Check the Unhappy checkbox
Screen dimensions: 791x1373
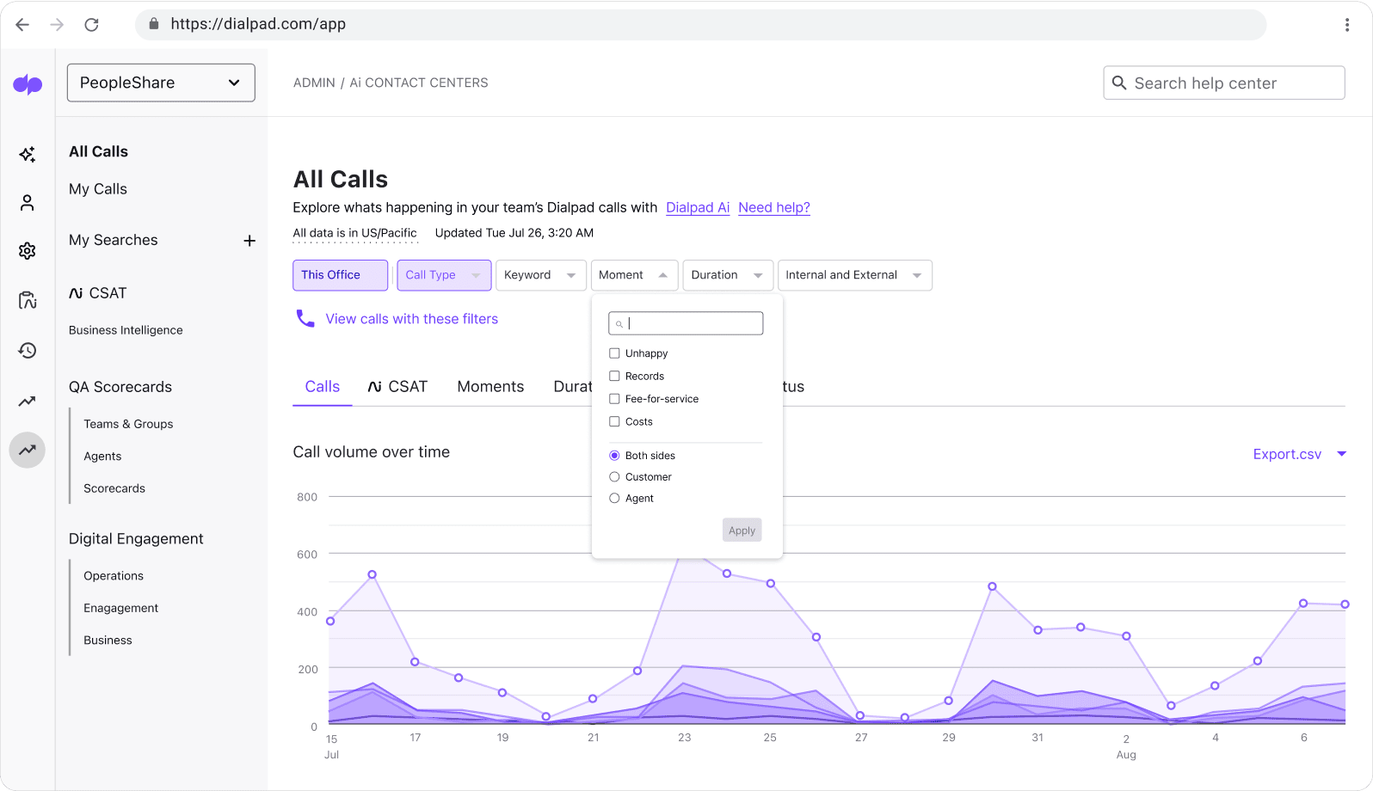click(x=614, y=353)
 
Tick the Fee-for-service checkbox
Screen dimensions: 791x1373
click(x=614, y=399)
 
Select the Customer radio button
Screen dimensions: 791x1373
click(x=614, y=477)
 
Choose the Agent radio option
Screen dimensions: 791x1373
click(x=614, y=499)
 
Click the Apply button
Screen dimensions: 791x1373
click(x=742, y=530)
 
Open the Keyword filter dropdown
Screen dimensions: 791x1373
click(x=540, y=275)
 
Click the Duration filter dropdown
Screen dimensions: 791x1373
click(x=727, y=275)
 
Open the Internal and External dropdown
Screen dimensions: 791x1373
click(x=853, y=275)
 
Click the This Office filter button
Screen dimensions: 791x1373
click(x=340, y=275)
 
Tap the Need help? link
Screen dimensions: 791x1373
click(x=773, y=207)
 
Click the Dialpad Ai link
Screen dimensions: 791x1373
click(x=697, y=207)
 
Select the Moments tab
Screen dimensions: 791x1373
click(x=490, y=387)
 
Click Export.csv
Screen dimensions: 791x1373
click(x=1287, y=454)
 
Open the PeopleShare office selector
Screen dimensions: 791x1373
click(x=161, y=83)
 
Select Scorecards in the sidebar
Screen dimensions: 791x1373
click(x=114, y=488)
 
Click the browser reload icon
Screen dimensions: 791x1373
click(x=91, y=24)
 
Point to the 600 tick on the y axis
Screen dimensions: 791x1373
click(x=307, y=555)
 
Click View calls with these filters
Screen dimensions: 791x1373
click(x=411, y=319)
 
